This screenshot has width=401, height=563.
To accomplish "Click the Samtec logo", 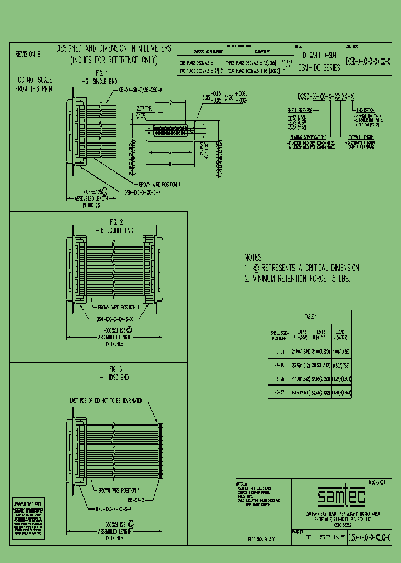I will tap(335, 495).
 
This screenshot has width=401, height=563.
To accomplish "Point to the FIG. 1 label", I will tap(101, 73).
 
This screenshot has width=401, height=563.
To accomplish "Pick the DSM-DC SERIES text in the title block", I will tap(319, 67).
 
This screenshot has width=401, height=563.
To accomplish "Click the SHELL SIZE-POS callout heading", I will tap(299, 111).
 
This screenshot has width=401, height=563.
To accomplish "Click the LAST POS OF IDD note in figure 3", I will tap(105, 400).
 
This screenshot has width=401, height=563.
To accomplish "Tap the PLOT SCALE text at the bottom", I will tap(262, 540).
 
